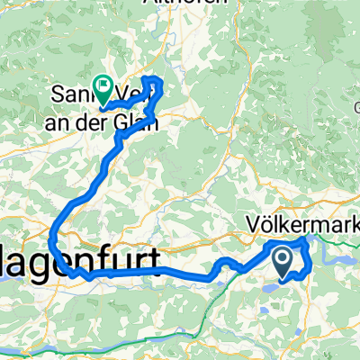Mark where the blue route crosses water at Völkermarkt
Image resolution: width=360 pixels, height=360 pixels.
coord(303,241)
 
